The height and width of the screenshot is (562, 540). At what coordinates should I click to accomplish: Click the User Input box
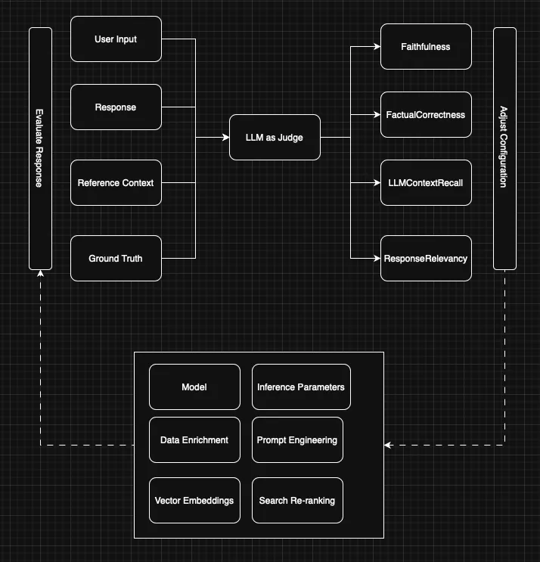click(x=116, y=39)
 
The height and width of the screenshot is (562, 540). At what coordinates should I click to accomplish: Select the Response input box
click(x=116, y=107)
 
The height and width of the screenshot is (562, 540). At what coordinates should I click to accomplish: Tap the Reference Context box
click(x=116, y=183)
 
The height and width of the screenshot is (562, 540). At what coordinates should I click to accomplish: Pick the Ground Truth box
click(x=116, y=259)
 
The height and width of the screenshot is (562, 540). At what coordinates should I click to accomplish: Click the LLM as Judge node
click(x=275, y=138)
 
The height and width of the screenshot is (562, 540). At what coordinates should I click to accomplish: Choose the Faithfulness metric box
click(x=426, y=47)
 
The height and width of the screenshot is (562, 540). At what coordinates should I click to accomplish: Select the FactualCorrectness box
click(x=426, y=115)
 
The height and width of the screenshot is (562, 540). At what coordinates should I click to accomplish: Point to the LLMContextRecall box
click(x=426, y=183)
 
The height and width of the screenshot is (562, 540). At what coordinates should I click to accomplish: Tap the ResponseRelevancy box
click(x=426, y=259)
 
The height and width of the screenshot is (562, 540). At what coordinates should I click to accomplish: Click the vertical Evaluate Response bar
click(x=40, y=148)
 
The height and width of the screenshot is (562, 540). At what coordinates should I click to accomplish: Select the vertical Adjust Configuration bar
click(x=504, y=148)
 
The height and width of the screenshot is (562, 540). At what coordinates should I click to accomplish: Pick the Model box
click(x=194, y=387)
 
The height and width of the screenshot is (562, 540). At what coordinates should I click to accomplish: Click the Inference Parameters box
click(x=301, y=387)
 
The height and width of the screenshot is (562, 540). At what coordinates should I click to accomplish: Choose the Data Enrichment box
click(x=194, y=440)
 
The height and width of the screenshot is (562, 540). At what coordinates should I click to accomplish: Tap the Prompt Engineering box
click(x=297, y=440)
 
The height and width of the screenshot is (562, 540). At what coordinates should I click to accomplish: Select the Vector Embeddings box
click(x=194, y=501)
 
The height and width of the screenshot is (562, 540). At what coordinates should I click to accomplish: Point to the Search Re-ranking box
click(x=297, y=501)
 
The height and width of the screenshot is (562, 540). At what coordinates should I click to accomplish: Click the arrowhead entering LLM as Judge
click(x=225, y=138)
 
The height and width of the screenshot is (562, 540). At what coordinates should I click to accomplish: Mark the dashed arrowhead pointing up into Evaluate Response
click(x=40, y=274)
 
